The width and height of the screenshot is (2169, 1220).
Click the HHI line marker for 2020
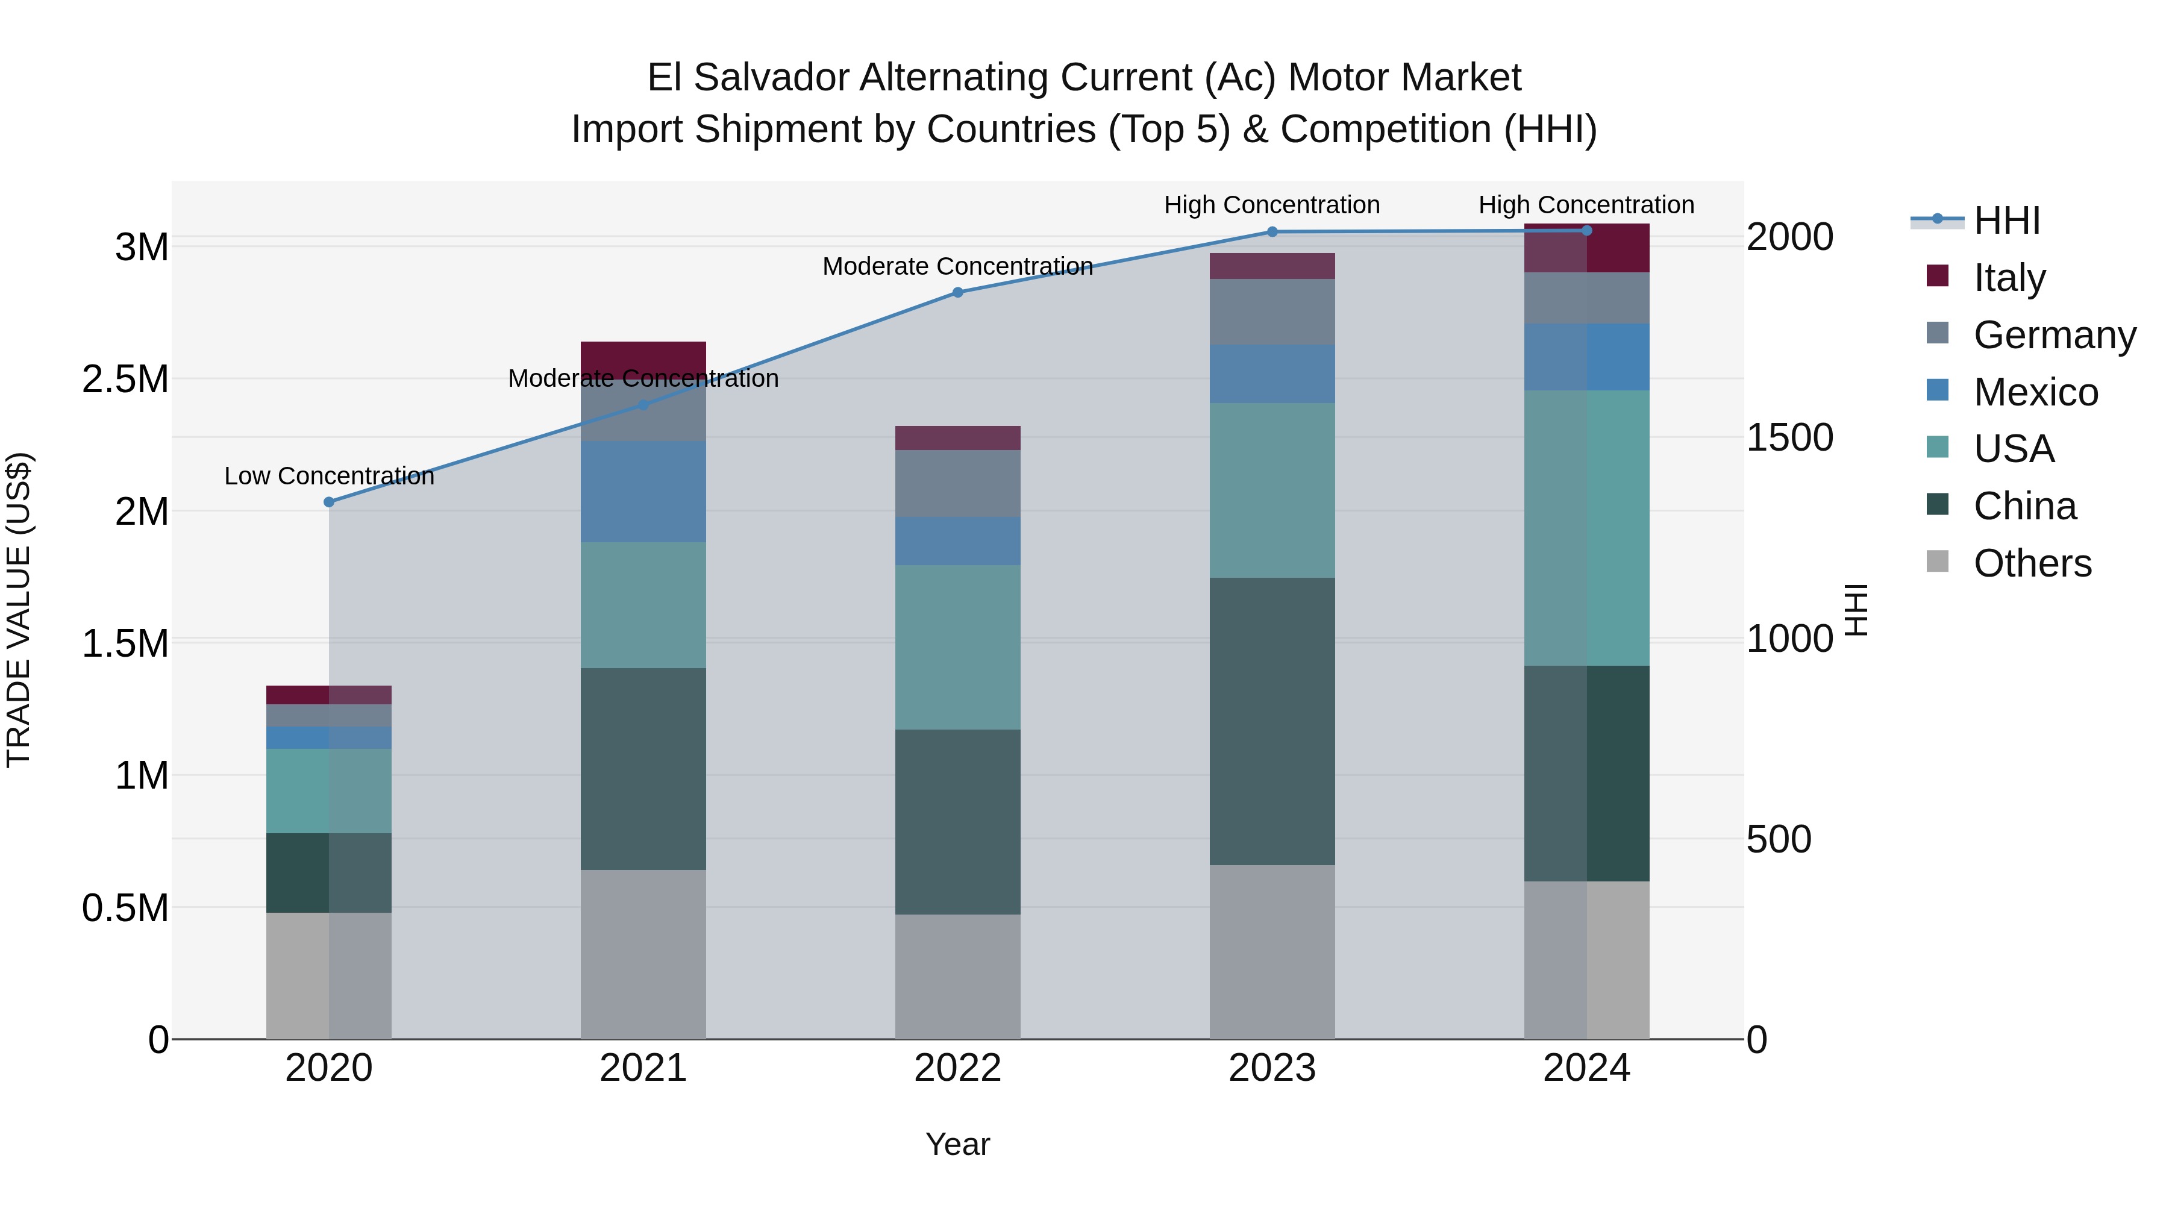(x=329, y=502)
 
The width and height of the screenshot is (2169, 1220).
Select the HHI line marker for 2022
(x=957, y=292)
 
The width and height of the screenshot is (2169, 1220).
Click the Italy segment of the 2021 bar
(x=643, y=358)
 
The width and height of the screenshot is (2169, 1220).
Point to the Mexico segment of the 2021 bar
(x=643, y=492)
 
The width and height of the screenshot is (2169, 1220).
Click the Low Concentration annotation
(x=329, y=476)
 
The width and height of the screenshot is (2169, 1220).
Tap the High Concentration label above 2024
(x=1586, y=205)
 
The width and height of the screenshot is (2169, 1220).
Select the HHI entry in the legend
(x=2006, y=221)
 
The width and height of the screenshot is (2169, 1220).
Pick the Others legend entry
(x=2031, y=563)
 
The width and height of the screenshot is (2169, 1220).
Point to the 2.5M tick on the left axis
(x=125, y=380)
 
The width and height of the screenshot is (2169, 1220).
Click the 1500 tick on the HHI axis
(x=1789, y=437)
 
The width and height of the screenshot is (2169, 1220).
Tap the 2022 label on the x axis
(x=957, y=1068)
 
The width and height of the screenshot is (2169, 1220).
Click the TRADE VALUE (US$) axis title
(x=19, y=610)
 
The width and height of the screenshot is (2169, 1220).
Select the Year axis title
(x=957, y=1144)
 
